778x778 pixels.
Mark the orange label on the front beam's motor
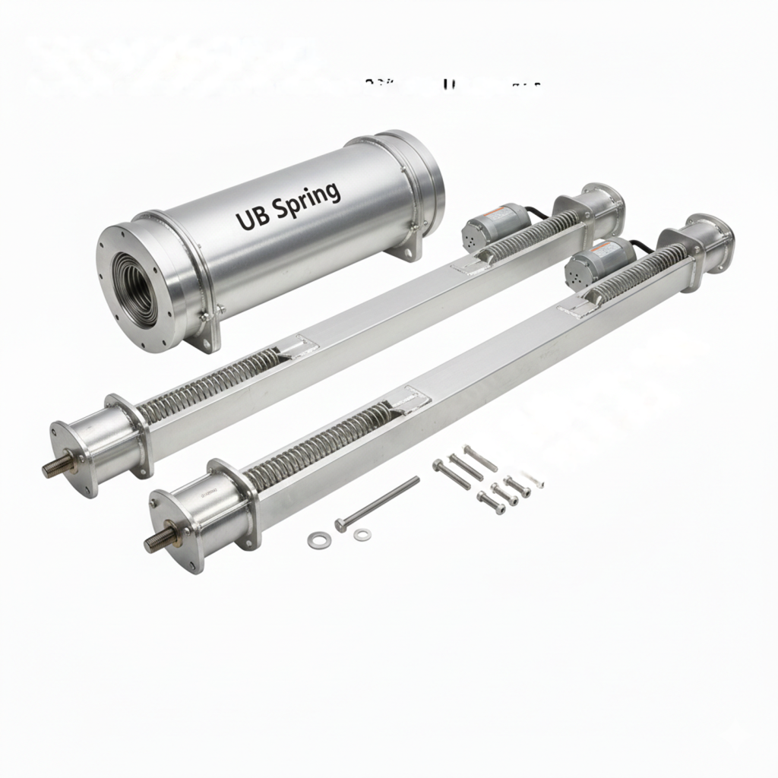[x=605, y=247]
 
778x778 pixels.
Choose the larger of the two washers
[x=318, y=540]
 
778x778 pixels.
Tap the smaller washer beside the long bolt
[x=363, y=535]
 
